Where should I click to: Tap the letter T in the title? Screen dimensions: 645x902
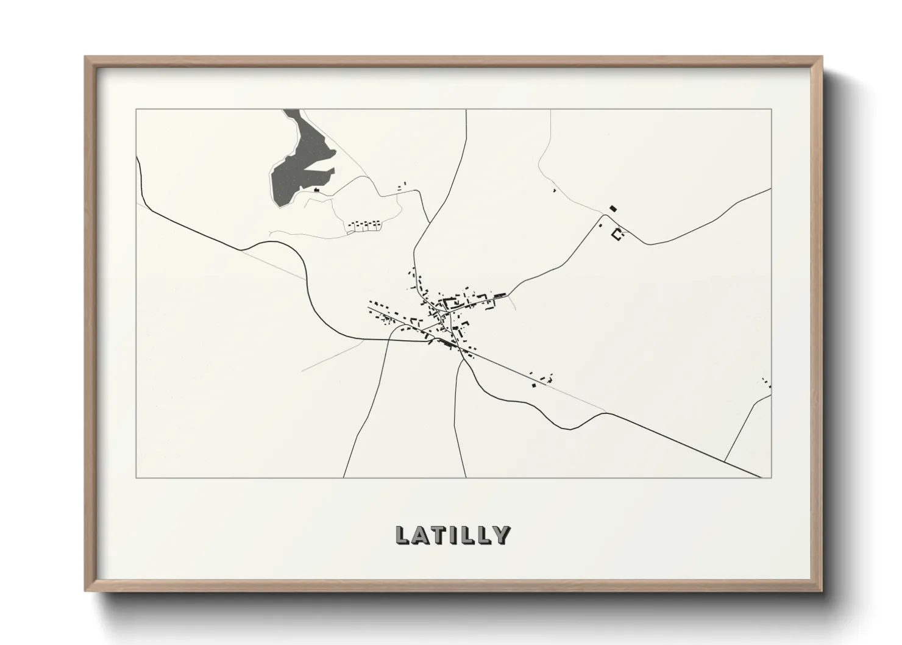pos(438,535)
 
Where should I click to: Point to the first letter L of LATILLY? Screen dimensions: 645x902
pos(402,535)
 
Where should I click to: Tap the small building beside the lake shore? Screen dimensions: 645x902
pos(316,190)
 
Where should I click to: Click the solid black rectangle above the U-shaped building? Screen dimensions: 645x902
pos(613,208)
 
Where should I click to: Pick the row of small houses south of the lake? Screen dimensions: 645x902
pos(364,226)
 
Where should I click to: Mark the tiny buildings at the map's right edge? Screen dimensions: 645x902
pos(767,382)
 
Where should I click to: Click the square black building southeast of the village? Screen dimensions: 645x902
pos(534,385)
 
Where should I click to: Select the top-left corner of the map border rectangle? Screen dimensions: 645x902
pos(137,110)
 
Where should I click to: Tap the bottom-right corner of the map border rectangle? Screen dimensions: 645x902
pos(772,477)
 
